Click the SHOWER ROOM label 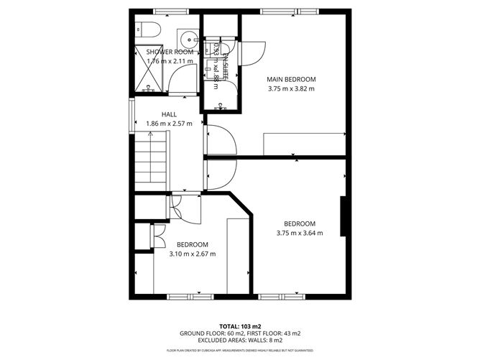tap(171, 52)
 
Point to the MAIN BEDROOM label tap(290, 79)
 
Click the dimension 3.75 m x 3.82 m tap(290, 88)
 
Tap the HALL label tap(169, 114)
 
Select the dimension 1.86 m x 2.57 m tap(170, 124)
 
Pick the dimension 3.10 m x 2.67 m tap(192, 254)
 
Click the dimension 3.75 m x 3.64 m tap(300, 233)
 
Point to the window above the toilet tap(167, 11)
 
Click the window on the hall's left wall tap(131, 116)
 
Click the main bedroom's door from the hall tap(221, 139)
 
